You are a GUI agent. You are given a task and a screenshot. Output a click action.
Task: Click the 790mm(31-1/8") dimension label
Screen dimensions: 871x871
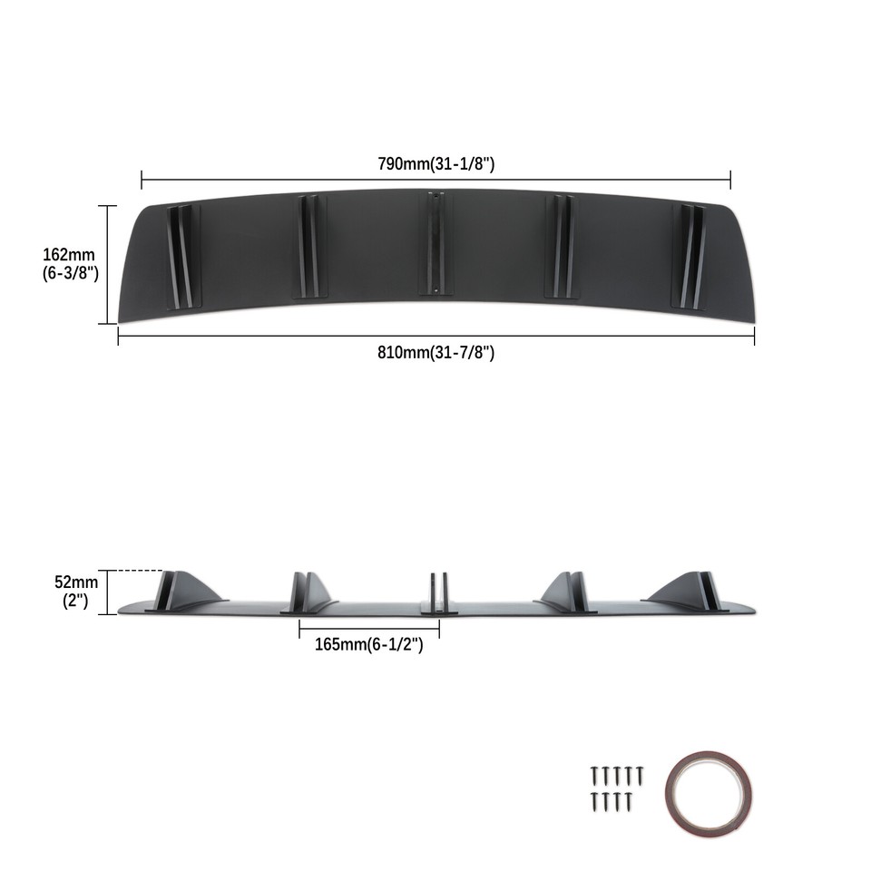pos(435,164)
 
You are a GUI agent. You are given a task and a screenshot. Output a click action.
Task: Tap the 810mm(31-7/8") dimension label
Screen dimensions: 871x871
pos(435,352)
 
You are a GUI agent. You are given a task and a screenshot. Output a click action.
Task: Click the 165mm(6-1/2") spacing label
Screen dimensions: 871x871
pos(369,645)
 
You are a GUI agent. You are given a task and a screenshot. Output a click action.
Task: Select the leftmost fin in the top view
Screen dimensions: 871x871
pos(181,256)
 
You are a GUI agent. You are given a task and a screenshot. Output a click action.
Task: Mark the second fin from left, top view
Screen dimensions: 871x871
pos(309,246)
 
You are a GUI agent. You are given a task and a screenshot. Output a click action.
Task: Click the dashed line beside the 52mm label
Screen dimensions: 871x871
pos(141,571)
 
